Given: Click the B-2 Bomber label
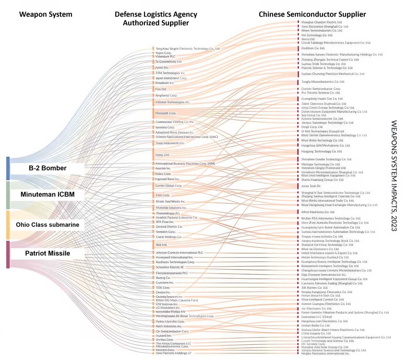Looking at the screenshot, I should [x=48, y=168].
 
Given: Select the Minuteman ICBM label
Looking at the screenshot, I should [x=48, y=194].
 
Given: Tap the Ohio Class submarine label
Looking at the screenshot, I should [x=48, y=225].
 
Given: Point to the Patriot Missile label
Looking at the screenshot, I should [x=48, y=253].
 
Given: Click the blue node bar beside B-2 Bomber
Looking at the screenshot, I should [x=8, y=168].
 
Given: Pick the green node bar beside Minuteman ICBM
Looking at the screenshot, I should [x=8, y=195].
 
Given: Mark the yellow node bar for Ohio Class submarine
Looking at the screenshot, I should [x=8, y=225].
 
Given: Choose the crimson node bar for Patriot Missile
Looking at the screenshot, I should [x=8, y=254].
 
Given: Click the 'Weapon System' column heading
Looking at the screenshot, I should [x=46, y=14].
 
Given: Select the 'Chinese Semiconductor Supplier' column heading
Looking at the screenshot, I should [x=312, y=14].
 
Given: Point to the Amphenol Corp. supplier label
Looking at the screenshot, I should [x=166, y=95].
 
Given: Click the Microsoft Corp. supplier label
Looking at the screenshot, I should [x=166, y=113].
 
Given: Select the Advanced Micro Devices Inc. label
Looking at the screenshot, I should [x=174, y=132].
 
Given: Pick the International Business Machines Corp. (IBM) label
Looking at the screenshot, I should [x=185, y=163].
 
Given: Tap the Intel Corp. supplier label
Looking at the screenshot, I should [x=162, y=195].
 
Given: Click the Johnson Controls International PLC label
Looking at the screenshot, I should [x=179, y=252].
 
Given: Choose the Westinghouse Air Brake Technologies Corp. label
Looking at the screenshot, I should [x=185, y=316].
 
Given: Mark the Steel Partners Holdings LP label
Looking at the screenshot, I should [x=173, y=353].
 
